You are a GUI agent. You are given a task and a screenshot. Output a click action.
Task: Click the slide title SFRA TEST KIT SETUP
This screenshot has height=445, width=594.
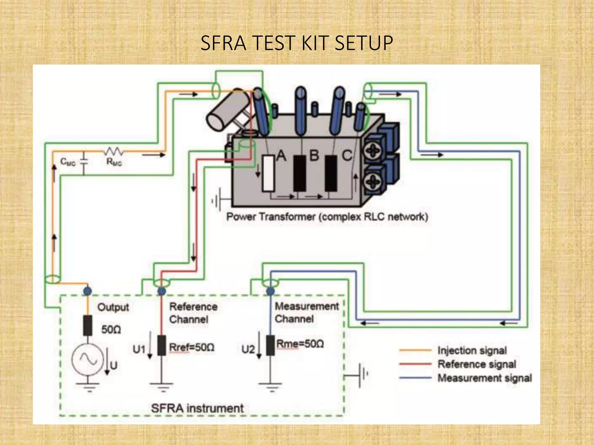coord(296,43)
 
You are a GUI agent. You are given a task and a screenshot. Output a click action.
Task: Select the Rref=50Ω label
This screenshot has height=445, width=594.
coord(192,347)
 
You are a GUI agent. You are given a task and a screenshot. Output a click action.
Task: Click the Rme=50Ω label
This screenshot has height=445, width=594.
coord(300,344)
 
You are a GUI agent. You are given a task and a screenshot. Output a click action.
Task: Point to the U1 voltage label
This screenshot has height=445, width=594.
coord(139,349)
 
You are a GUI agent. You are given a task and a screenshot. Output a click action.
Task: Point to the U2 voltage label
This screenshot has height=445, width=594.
coord(248,349)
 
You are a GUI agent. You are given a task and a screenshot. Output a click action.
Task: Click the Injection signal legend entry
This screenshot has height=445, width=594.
coord(472,351)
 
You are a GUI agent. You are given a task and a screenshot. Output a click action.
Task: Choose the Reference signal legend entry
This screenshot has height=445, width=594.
coord(477,364)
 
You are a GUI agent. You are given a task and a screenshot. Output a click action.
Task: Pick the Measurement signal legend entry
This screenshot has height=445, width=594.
coord(484,378)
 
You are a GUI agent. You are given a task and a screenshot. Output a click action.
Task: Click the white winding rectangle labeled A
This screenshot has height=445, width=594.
coord(268,173)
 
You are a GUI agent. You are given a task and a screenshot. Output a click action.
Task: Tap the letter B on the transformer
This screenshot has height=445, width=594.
coord(314,156)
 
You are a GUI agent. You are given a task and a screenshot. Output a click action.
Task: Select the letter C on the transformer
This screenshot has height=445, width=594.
coord(347,156)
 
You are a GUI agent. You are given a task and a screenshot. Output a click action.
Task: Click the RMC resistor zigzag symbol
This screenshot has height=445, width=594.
coord(113,151)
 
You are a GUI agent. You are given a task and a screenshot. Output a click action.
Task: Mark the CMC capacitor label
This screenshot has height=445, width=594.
coord(68,162)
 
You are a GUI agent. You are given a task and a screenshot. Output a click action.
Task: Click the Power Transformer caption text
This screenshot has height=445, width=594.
coord(327,217)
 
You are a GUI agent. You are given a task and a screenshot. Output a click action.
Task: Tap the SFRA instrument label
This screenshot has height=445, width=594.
coord(197,408)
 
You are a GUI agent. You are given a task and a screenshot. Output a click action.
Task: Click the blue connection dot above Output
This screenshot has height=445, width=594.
coord(87,291)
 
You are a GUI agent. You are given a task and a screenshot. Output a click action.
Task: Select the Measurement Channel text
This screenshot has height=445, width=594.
coord(307,312)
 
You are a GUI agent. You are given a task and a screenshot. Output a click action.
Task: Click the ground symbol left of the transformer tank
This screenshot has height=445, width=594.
coord(218,200)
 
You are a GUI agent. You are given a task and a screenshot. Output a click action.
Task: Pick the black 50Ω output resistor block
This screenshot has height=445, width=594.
coord(88,325)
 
